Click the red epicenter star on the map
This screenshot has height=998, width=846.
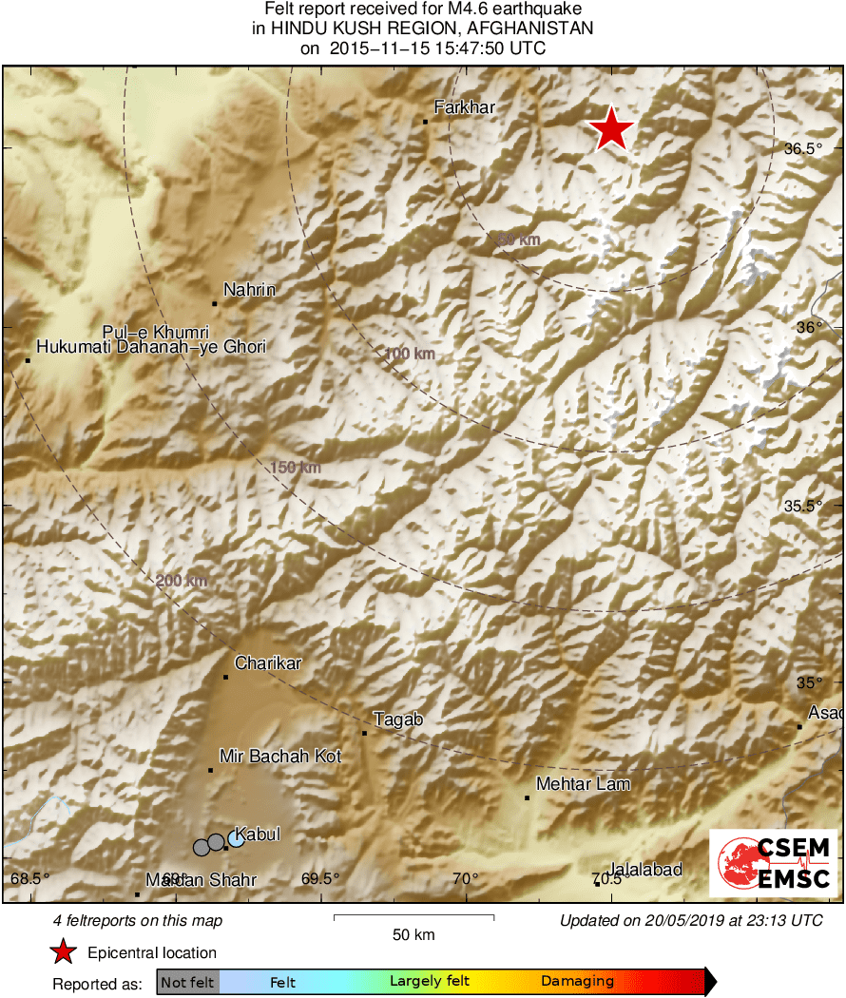[x=611, y=129]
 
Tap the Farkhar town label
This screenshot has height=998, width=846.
[x=464, y=107]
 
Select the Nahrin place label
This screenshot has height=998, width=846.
[x=249, y=289]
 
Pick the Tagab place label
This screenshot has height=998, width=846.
[x=398, y=720]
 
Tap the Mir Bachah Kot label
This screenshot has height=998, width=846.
[x=279, y=756]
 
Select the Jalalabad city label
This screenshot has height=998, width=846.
[x=645, y=870]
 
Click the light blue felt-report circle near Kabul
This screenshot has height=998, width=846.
[x=236, y=838]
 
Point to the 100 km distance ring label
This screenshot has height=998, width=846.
[x=409, y=355]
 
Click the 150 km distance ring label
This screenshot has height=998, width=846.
[x=296, y=468]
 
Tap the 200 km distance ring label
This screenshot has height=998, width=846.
[x=182, y=581]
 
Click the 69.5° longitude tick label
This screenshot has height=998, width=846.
[x=320, y=877]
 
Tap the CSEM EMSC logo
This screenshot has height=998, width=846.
[x=774, y=863]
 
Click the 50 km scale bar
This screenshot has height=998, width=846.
[x=413, y=917]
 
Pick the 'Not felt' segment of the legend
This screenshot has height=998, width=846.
[x=187, y=982]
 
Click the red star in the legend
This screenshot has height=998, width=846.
[x=63, y=952]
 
